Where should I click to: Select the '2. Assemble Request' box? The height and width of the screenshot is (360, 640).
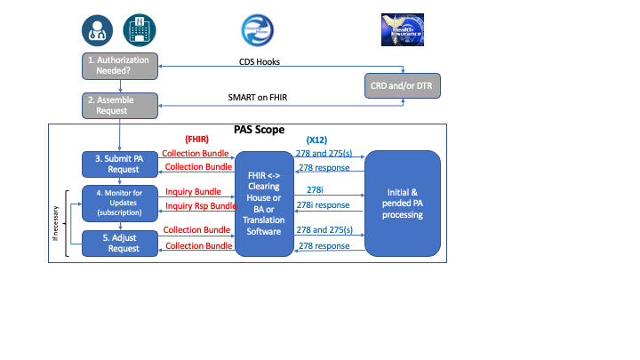[120, 106]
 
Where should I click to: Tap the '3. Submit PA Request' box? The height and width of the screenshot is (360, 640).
[120, 164]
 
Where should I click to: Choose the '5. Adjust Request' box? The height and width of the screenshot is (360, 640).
[120, 243]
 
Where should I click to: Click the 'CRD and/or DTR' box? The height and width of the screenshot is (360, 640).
[404, 86]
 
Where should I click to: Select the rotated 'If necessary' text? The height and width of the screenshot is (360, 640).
[56, 222]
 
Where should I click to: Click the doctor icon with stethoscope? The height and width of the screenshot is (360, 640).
[97, 30]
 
